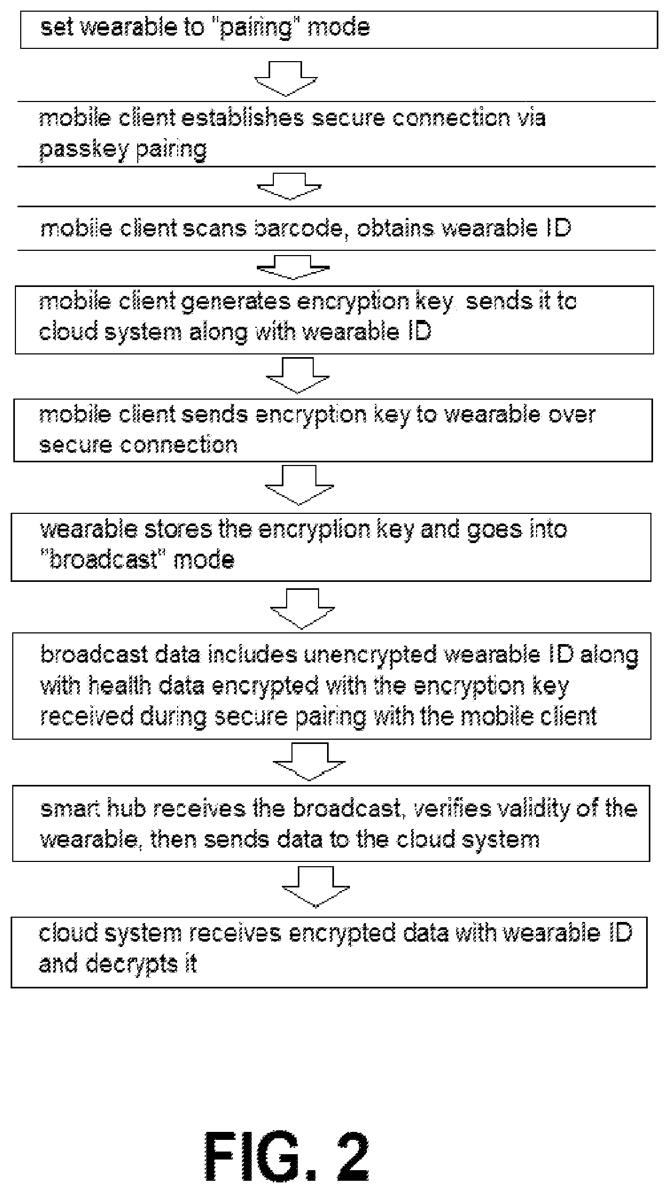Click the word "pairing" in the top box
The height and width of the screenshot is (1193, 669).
(256, 28)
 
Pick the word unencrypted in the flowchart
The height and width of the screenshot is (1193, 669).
(370, 655)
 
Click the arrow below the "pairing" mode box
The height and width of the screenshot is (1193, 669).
(286, 79)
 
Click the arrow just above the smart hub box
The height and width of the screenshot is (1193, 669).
(309, 762)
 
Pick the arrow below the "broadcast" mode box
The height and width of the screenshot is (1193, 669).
(303, 608)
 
